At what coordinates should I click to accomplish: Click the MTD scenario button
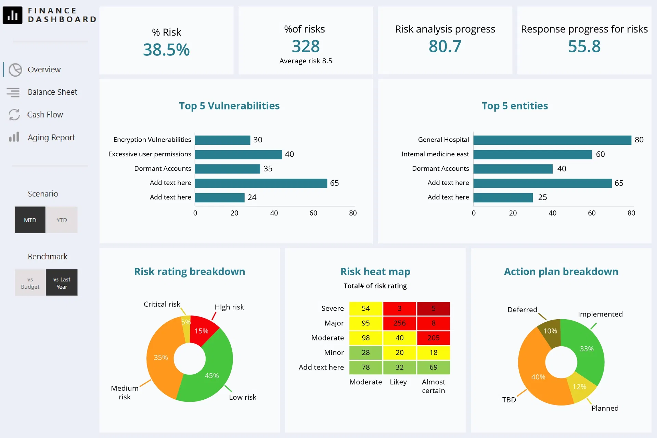30,220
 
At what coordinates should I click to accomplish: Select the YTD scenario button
62,220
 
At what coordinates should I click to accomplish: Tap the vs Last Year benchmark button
62,283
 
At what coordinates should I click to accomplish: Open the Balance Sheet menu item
52,92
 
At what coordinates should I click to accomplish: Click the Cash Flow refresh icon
14,115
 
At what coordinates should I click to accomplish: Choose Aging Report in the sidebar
51,138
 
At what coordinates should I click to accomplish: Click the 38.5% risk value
166,50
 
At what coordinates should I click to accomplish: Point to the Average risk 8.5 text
306,61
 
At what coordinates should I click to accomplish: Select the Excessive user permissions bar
238,154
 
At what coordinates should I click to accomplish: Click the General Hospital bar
552,140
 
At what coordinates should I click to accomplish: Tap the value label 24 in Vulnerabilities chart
252,197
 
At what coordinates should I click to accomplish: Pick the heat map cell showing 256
399,323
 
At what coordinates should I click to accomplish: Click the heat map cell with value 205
433,338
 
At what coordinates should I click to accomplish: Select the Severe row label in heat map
332,308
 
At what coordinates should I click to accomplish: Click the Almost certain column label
433,386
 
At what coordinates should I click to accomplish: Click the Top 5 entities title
514,106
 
